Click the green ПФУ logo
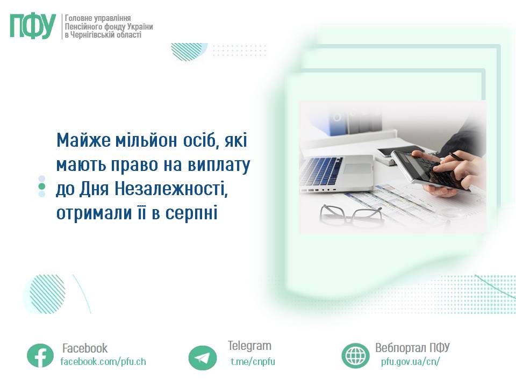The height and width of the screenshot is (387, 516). click(33, 26)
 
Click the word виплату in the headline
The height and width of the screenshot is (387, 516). click(219, 166)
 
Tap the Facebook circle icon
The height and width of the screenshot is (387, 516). click(40, 355)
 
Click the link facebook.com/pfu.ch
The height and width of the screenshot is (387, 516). click(103, 362)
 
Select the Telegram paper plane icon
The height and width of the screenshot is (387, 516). click(203, 358)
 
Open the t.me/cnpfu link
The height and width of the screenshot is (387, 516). click(253, 362)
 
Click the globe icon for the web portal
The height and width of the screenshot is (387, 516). click(355, 356)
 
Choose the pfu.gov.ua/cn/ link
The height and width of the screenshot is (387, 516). click(410, 362)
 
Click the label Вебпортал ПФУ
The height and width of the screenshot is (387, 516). click(412, 348)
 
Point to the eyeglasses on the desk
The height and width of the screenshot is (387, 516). click(352, 215)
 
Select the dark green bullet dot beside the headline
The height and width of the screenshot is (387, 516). click(42, 187)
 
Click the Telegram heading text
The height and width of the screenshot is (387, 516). click(249, 346)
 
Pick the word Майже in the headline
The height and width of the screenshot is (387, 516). click(83, 140)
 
